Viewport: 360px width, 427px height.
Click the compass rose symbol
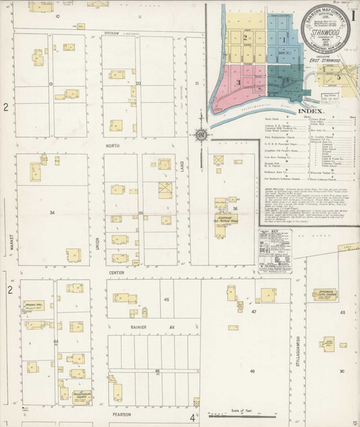coord(202,134)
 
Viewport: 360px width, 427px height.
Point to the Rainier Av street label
coord(162,327)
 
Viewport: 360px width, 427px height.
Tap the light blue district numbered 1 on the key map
coord(283,40)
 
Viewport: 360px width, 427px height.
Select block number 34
coord(52,212)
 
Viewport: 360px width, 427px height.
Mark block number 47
coord(253,312)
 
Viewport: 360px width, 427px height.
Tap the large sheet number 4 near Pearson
coord(192,418)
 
